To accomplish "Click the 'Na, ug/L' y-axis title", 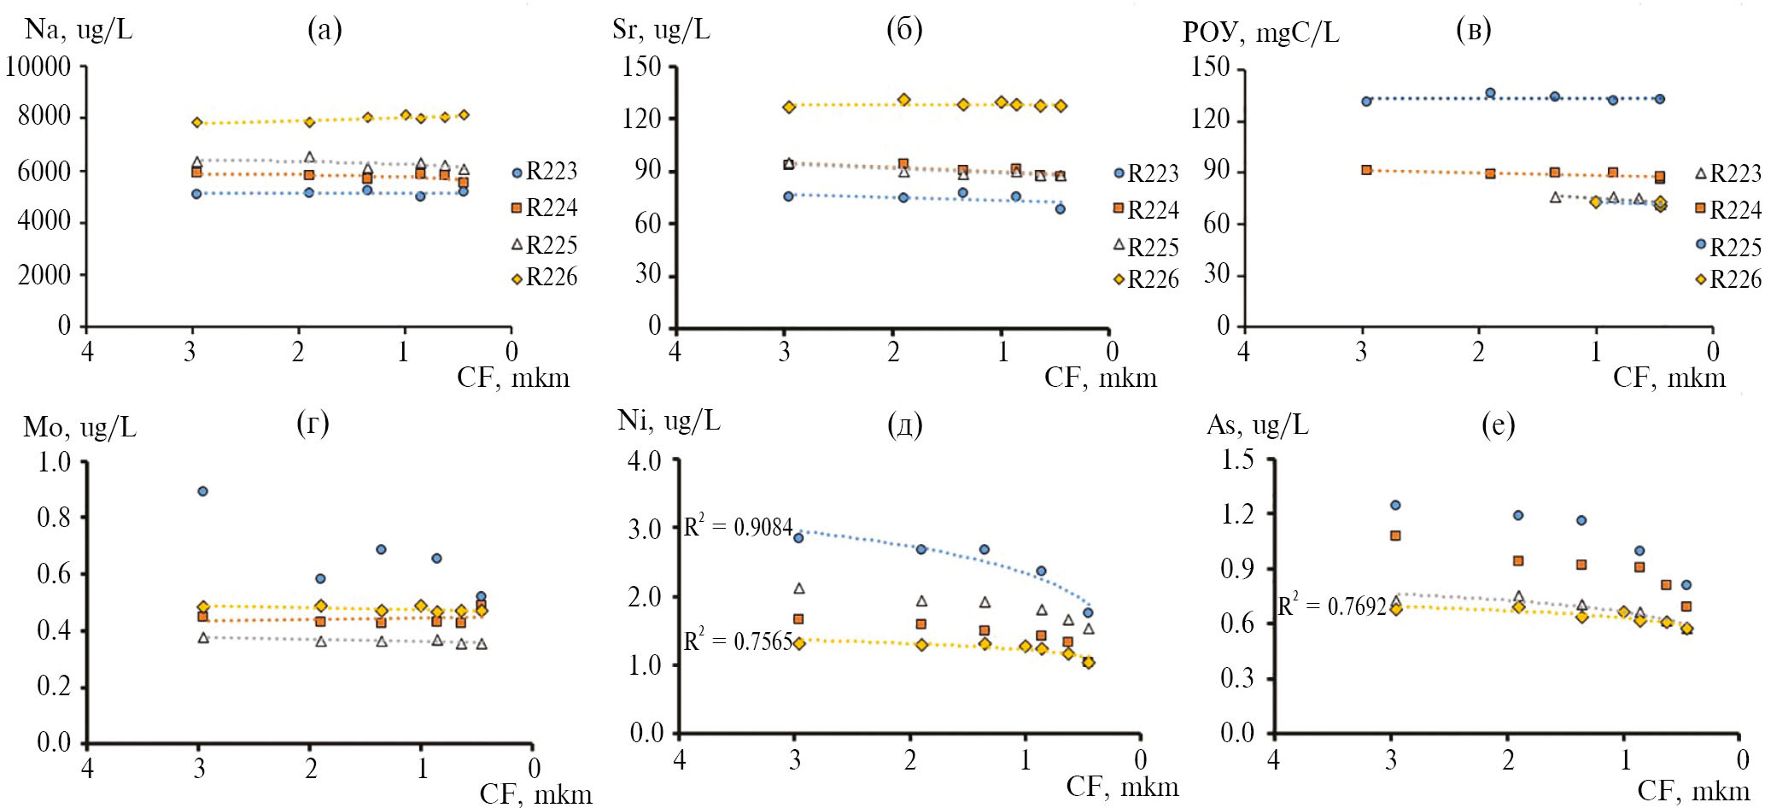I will click(79, 30).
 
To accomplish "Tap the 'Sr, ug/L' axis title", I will click(661, 30).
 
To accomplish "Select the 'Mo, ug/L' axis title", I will click(79, 427).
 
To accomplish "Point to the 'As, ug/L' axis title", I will click(1257, 424).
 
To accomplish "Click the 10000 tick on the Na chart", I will click(38, 67).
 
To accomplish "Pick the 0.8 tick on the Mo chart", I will click(55, 517).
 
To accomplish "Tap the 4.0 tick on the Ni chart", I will click(645, 461).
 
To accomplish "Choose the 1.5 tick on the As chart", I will click(1238, 460).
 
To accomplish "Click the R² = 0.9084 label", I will click(738, 527).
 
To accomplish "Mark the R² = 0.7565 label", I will click(738, 641).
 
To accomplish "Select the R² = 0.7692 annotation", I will click(1331, 606).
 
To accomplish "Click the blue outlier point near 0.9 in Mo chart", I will click(202, 491).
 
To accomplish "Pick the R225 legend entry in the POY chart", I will click(1728, 247).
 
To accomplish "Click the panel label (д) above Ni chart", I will click(905, 424).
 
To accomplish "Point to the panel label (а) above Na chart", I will click(324, 30).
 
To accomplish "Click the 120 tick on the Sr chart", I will click(642, 118).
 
